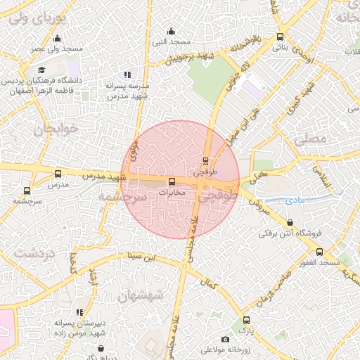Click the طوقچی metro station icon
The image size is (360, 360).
pos(205,161)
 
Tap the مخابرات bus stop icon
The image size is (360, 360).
pos(172,182)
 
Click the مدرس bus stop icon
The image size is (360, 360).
pos(58,174)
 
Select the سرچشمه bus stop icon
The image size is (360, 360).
pos(27,191)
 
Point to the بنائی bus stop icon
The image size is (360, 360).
pos(281,37)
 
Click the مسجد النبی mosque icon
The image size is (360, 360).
pos(172,31)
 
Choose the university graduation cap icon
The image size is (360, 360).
pos(41,70)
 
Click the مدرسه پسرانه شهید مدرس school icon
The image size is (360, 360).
pos(127,75)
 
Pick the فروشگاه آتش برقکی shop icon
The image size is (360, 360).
pos(290,223)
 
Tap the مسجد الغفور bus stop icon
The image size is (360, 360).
pos(320,252)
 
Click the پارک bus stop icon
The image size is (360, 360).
pos(245,321)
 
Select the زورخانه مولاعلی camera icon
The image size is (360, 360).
pos(225,340)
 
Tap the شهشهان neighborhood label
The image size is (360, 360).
pos(141,295)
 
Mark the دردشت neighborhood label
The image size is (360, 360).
pos(34,251)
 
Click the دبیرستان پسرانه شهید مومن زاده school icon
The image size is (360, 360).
pos(79,312)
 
